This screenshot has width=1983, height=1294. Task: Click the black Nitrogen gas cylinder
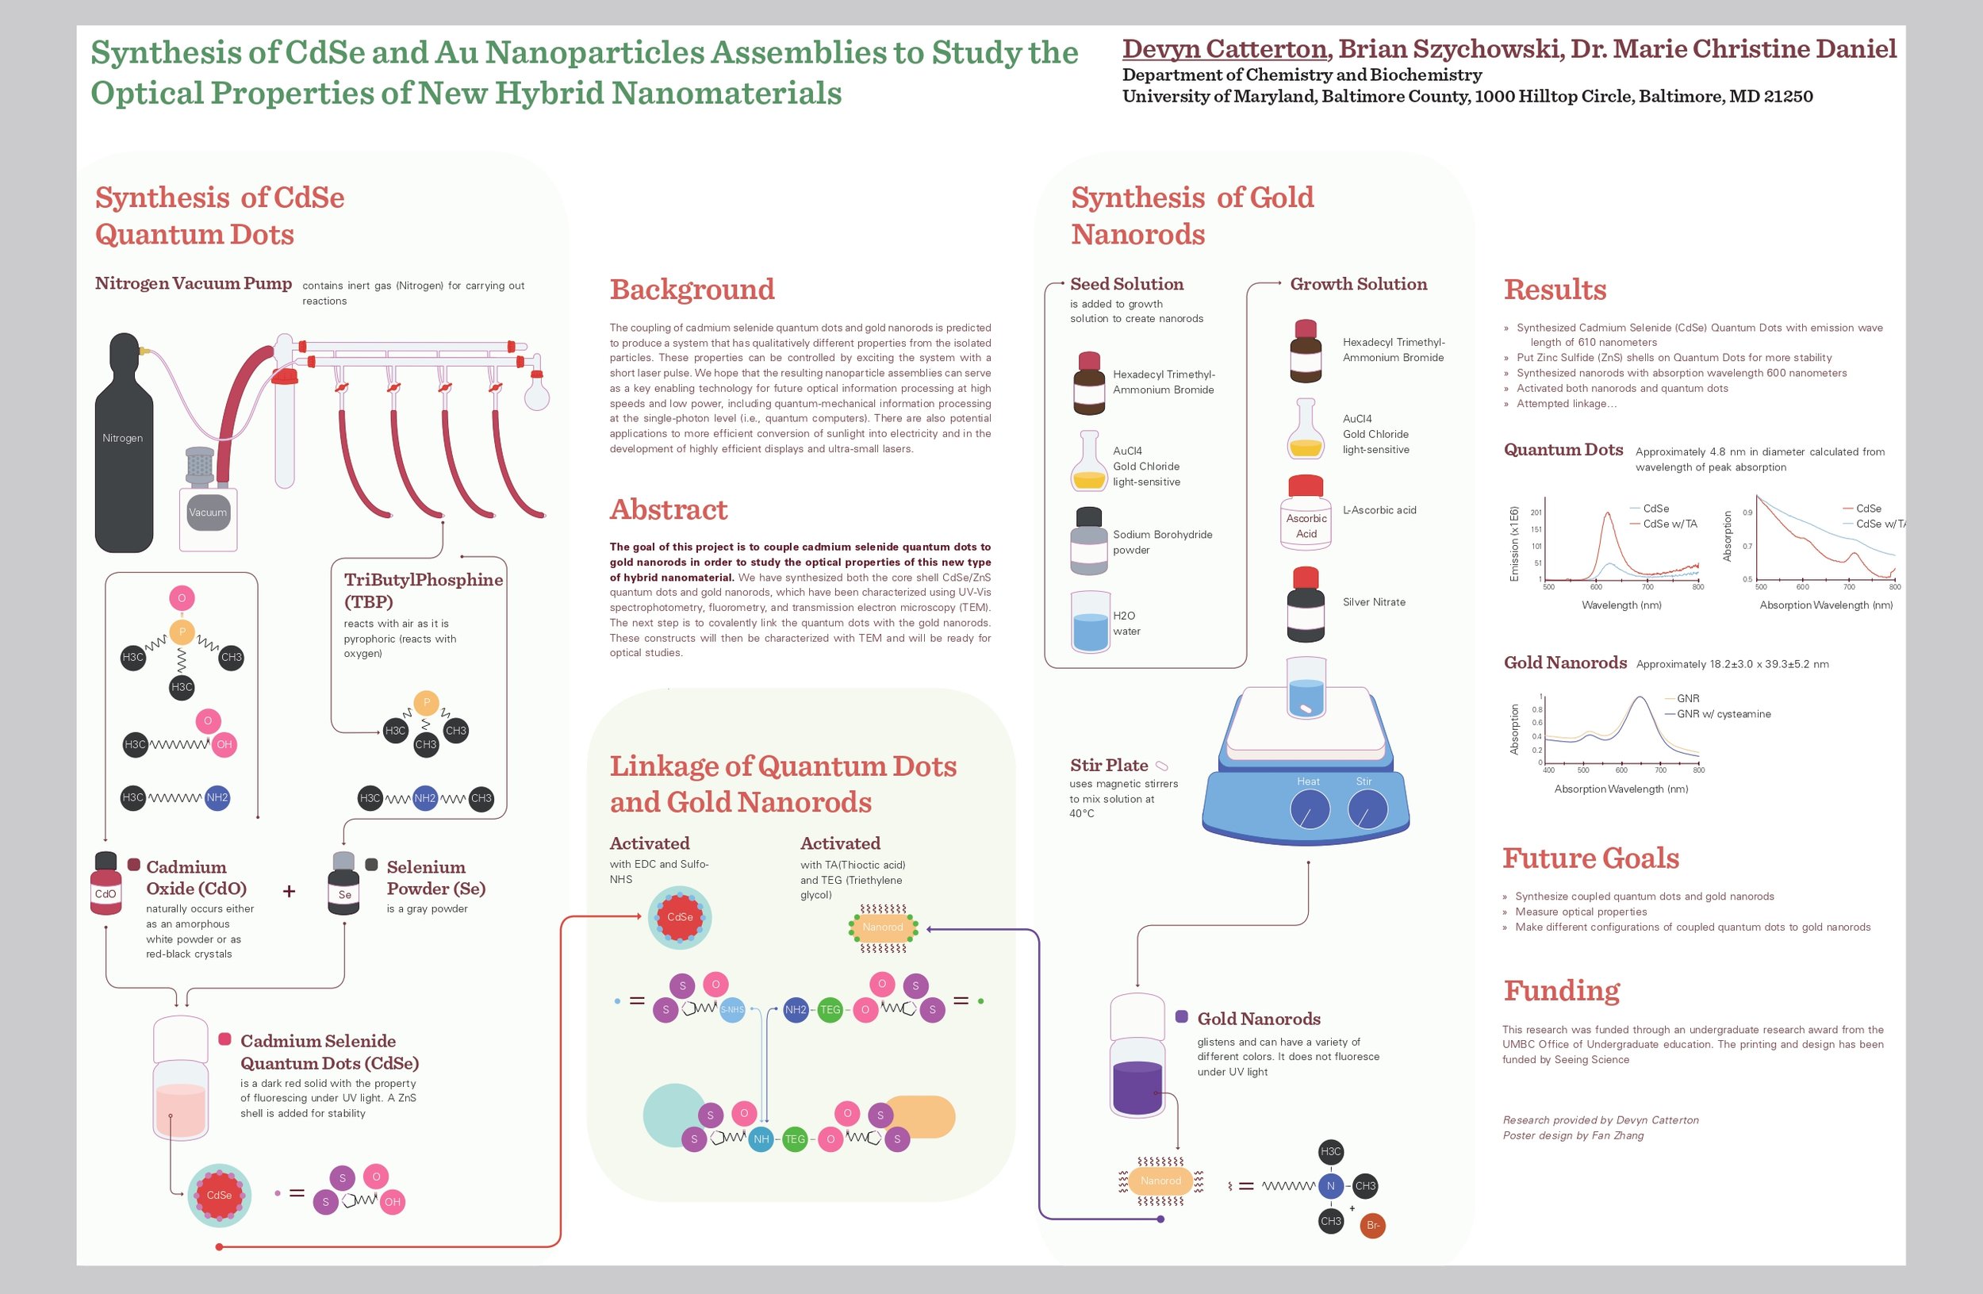[x=123, y=450]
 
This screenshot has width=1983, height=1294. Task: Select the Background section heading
[x=692, y=289]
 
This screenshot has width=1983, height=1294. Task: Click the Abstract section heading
[x=668, y=509]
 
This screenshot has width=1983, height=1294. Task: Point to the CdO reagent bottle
[x=105, y=885]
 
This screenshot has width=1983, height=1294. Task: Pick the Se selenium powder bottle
[x=344, y=885]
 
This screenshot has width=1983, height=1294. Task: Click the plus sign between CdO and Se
[x=289, y=892]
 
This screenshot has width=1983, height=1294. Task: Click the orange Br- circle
[x=1373, y=1226]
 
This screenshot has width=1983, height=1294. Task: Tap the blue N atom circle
[x=1331, y=1185]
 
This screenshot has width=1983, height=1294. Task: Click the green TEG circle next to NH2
[x=830, y=1010]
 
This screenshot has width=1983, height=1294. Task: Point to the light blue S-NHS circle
[x=731, y=1010]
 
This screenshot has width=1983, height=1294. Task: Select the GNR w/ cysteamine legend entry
[x=1723, y=714]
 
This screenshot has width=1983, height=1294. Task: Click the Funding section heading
[x=1561, y=991]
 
